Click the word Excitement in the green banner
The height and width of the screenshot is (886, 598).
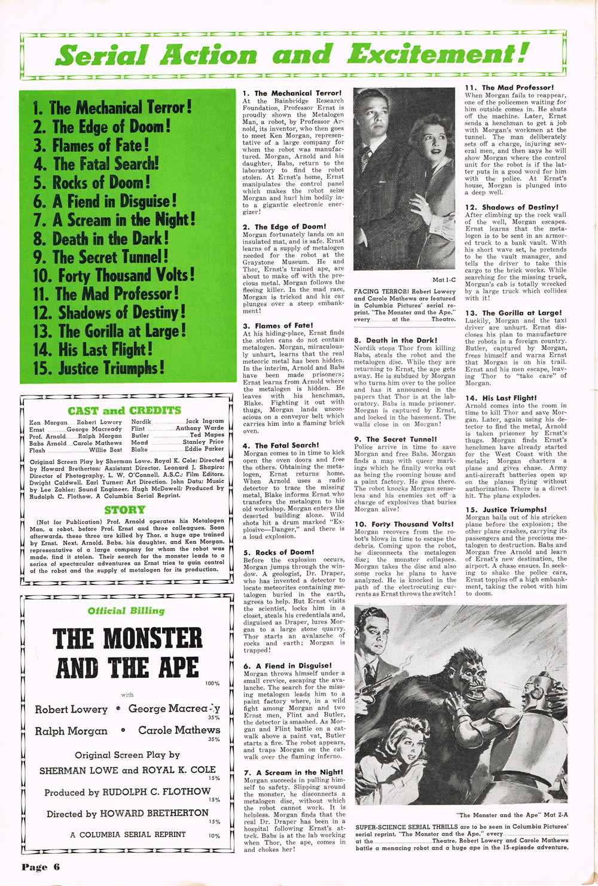click(438, 54)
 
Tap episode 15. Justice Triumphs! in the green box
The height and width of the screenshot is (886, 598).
click(99, 368)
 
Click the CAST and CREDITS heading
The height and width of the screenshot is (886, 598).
click(124, 410)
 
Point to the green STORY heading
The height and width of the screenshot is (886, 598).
click(124, 510)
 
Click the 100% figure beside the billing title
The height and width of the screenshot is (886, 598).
click(212, 683)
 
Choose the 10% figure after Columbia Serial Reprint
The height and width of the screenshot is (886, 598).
click(213, 836)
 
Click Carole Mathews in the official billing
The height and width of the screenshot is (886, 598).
click(179, 730)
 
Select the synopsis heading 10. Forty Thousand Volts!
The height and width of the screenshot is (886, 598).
click(404, 524)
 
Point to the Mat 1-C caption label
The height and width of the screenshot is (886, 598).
click(443, 279)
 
